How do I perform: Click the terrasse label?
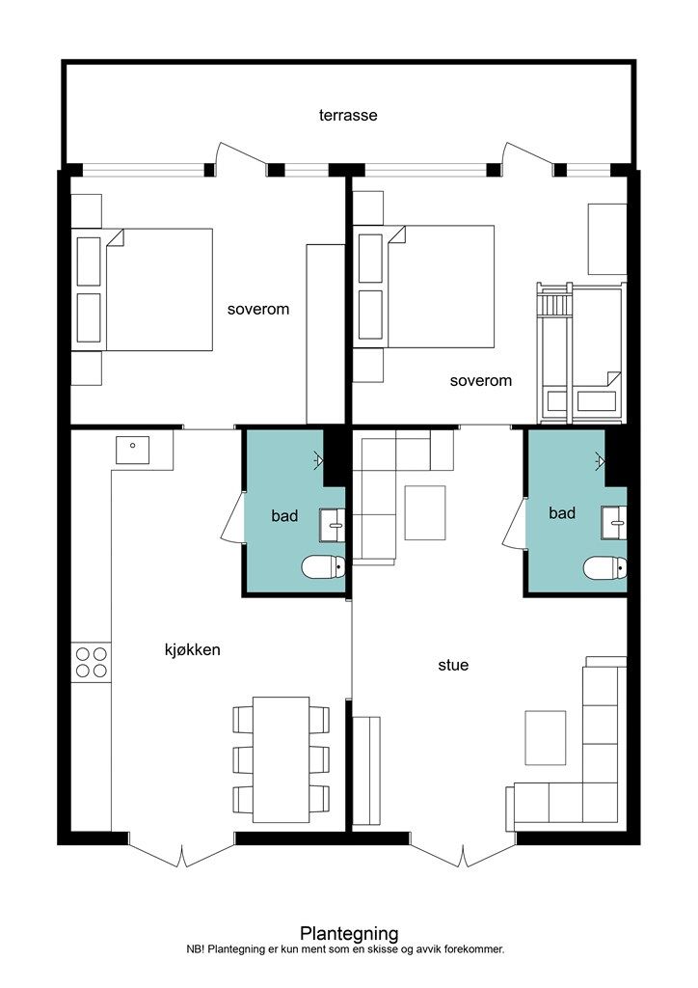348,116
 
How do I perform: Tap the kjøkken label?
193,649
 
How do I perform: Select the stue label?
453,665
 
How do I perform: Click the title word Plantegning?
349,933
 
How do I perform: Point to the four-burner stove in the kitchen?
92,662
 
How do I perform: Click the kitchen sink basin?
132,450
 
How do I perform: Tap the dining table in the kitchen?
281,759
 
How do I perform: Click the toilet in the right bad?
604,567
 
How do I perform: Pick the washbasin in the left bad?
332,525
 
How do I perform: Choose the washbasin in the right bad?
614,522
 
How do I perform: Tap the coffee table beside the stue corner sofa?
545,738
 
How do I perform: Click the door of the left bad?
232,518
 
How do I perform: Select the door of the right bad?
514,523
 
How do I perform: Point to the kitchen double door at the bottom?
182,851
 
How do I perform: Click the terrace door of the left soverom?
240,157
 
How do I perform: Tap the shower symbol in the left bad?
318,460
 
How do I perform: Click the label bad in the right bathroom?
562,513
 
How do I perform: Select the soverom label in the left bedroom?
258,310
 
